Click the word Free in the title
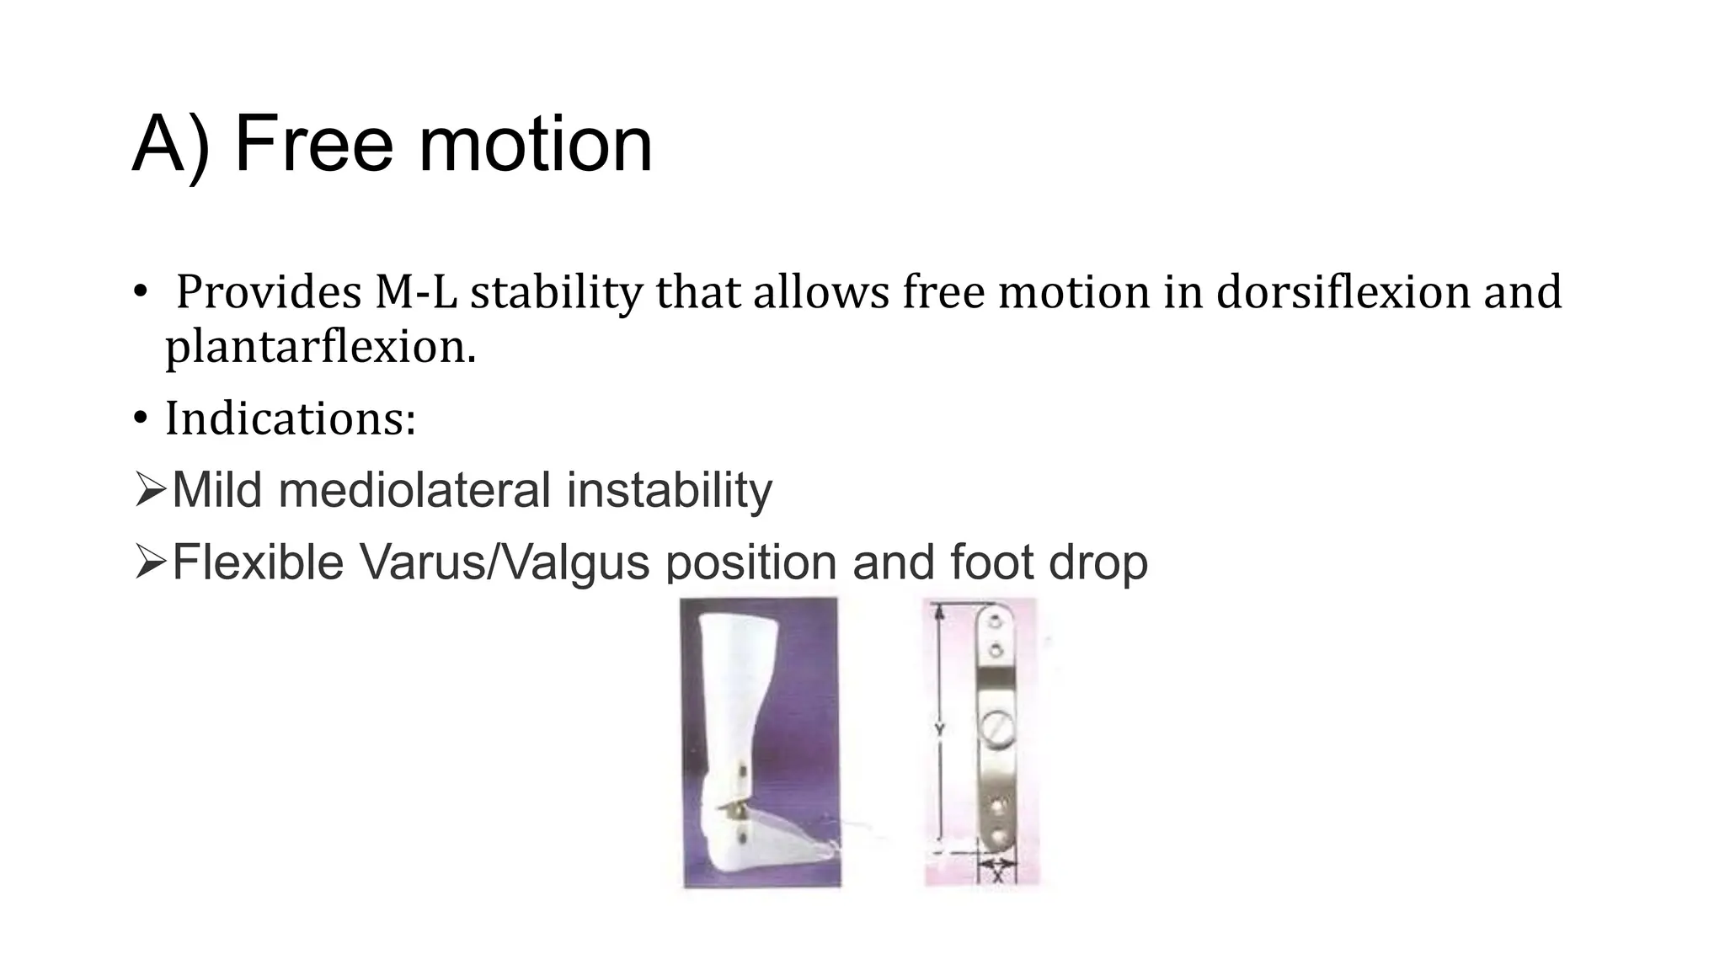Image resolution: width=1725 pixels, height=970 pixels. (x=313, y=144)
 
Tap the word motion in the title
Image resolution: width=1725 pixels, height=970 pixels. (x=535, y=144)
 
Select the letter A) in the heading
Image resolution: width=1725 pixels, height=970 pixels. (x=171, y=144)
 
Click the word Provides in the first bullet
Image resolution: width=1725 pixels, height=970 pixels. (x=269, y=292)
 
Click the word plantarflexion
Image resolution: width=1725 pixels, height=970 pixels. (x=320, y=347)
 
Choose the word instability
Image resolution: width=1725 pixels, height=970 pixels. (x=669, y=490)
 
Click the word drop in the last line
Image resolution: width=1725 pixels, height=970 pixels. (x=1098, y=562)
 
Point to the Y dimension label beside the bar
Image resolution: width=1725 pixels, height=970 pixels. (x=939, y=730)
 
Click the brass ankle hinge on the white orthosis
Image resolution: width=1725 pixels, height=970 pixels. (x=734, y=809)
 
